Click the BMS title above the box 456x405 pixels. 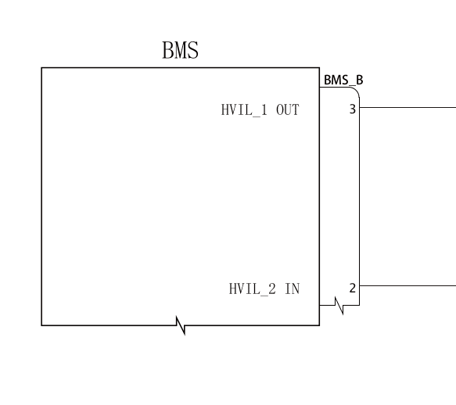click(x=181, y=50)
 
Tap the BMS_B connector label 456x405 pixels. click(x=343, y=80)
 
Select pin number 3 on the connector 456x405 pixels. click(x=353, y=109)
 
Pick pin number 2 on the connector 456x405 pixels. click(x=353, y=289)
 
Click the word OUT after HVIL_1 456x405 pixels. click(x=288, y=110)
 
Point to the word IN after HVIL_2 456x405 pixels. click(x=293, y=289)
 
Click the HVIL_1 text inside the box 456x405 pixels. click(x=244, y=110)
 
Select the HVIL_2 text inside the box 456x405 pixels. click(x=252, y=289)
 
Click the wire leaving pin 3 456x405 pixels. click(x=408, y=108)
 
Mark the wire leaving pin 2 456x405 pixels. click(x=408, y=286)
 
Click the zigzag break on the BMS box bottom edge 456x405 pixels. click(x=181, y=325)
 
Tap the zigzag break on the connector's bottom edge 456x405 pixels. click(x=339, y=305)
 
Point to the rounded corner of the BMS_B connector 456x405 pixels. click(x=356, y=90)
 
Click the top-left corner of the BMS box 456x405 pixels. click(x=41, y=68)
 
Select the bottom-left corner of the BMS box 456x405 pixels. click(x=41, y=325)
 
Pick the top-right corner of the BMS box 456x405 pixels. click(x=320, y=68)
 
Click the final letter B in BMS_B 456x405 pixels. click(x=360, y=80)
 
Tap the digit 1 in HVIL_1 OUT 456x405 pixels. click(x=264, y=110)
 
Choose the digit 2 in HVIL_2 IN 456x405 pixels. click(x=272, y=289)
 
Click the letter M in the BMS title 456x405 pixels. click(x=181, y=50)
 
